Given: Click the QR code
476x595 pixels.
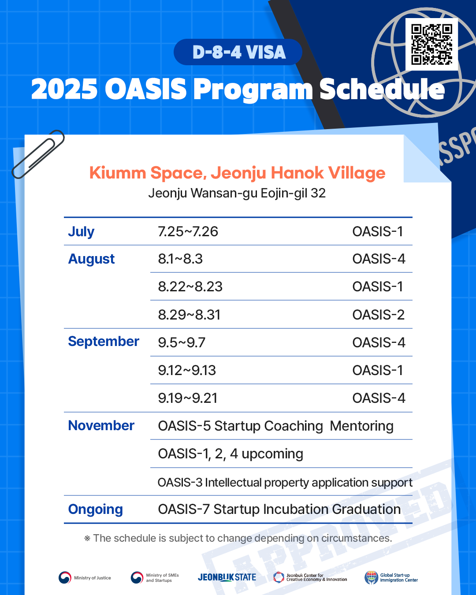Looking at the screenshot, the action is point(431,44).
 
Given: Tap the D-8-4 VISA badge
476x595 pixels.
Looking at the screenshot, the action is point(238,52).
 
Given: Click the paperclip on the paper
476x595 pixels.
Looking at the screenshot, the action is point(38,154).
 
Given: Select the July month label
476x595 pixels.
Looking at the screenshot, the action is point(81,231).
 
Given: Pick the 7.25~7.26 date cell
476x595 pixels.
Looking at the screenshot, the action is point(188,231).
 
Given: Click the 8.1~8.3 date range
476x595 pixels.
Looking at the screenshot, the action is point(180,259).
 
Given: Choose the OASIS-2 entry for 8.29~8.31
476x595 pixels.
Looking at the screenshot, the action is point(378,315).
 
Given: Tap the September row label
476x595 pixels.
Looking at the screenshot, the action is point(104,342).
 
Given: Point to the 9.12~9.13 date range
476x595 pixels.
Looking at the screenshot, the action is point(187,371).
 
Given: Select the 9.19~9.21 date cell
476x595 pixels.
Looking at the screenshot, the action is point(187,398).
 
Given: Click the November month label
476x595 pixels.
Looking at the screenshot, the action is point(101,425).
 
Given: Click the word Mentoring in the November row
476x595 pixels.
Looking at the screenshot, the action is point(361,426).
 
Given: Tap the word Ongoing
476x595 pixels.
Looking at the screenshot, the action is point(96,509).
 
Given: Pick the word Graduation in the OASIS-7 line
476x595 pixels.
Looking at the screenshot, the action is point(366,509).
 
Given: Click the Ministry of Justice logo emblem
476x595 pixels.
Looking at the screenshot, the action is point(65,577).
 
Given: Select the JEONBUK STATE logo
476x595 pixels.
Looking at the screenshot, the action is point(227,577).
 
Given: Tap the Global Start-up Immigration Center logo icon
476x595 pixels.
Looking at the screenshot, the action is point(371,577).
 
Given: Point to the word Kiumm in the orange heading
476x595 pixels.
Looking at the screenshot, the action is point(118,173).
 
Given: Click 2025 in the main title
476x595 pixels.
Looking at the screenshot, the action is point(64,89).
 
